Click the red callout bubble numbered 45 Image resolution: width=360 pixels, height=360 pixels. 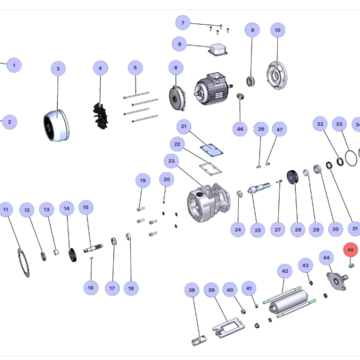(350, 250)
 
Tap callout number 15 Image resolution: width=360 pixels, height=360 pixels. (86, 208)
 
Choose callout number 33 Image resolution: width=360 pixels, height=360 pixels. (339, 124)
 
